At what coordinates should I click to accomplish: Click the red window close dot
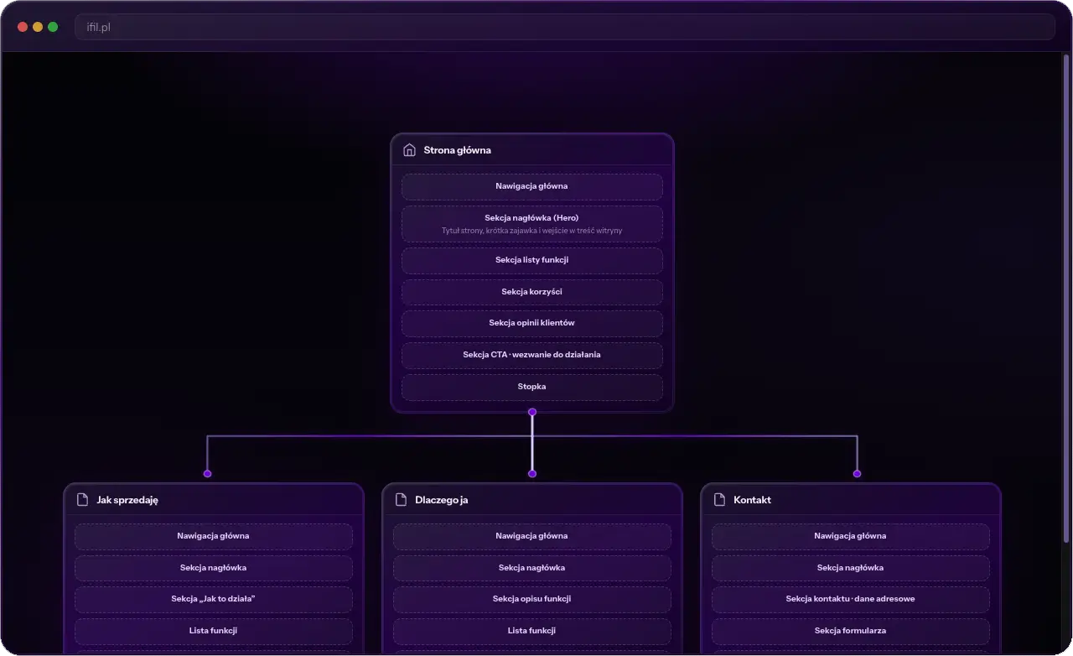point(23,27)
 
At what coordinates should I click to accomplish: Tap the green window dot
point(53,27)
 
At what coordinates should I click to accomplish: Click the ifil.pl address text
point(98,27)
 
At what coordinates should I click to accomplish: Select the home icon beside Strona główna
point(409,150)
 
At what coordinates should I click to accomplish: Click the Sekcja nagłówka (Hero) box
point(531,223)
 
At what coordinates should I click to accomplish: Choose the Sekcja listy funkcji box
point(531,260)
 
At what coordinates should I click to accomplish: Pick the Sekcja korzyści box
point(531,292)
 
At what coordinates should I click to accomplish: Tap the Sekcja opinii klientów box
point(531,323)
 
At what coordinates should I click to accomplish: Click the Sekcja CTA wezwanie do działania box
point(531,355)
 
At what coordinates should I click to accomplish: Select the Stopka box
point(531,387)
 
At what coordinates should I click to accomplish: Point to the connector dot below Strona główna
point(532,412)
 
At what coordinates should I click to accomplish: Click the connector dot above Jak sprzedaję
point(207,474)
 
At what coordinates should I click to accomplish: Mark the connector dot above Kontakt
point(857,474)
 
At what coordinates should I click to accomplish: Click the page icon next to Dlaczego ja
point(401,500)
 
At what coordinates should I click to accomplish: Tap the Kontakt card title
point(752,500)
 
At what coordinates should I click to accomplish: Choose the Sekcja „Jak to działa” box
point(213,599)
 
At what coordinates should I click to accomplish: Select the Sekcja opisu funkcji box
point(531,599)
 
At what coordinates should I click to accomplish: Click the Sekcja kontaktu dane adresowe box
point(850,599)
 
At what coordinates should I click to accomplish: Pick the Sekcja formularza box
point(850,631)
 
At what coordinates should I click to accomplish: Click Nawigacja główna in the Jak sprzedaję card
point(213,536)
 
